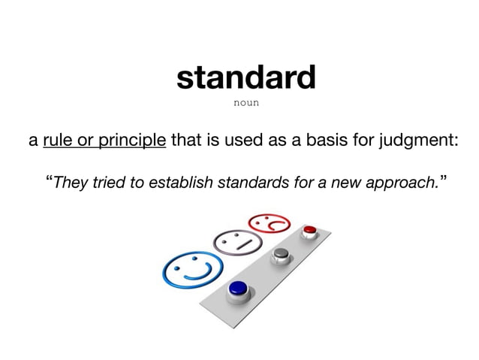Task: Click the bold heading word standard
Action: point(246,78)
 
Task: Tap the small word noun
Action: point(247,103)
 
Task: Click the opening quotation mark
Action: point(50,180)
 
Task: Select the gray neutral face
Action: point(238,243)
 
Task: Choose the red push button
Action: point(309,229)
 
